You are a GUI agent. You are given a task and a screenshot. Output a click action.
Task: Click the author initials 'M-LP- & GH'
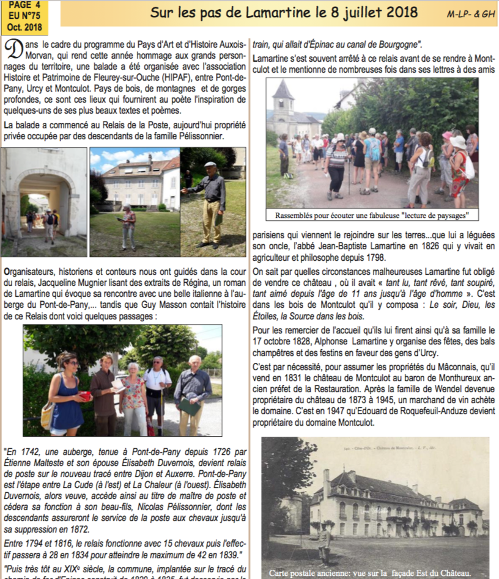471,13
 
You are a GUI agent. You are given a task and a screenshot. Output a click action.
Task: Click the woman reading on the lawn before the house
128,226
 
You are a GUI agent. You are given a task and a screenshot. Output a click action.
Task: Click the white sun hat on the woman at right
458,141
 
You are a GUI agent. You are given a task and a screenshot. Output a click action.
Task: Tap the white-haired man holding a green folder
193,391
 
